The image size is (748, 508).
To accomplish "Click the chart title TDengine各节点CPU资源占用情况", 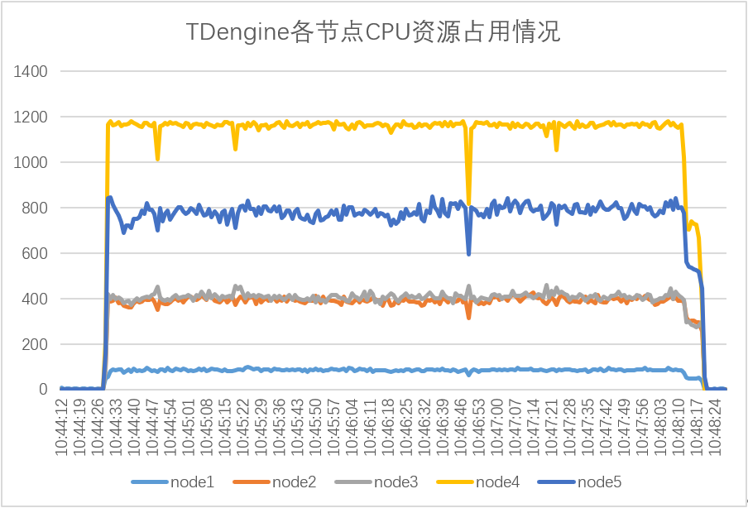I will click(373, 32).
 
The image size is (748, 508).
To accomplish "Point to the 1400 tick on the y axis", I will click(31, 72).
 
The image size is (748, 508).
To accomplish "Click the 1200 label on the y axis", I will click(31, 117).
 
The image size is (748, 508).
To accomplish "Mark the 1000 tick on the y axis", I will click(31, 163).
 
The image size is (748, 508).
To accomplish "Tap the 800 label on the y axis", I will click(36, 208).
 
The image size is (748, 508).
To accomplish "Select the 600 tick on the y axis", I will click(36, 254).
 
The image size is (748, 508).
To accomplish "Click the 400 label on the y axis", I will click(36, 300).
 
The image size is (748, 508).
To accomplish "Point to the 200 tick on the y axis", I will click(36, 345).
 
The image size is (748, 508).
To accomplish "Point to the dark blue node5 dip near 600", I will click(469, 253).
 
